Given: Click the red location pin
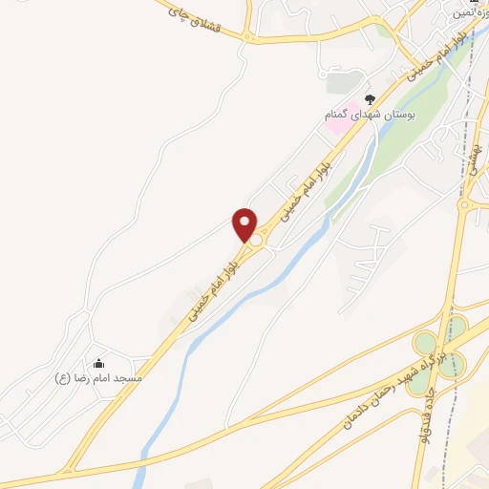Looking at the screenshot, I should [245, 223].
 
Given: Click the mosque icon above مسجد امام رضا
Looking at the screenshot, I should [98, 363].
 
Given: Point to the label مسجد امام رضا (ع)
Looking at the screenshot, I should [98, 378].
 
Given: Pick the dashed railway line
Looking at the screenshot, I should [471, 115].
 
